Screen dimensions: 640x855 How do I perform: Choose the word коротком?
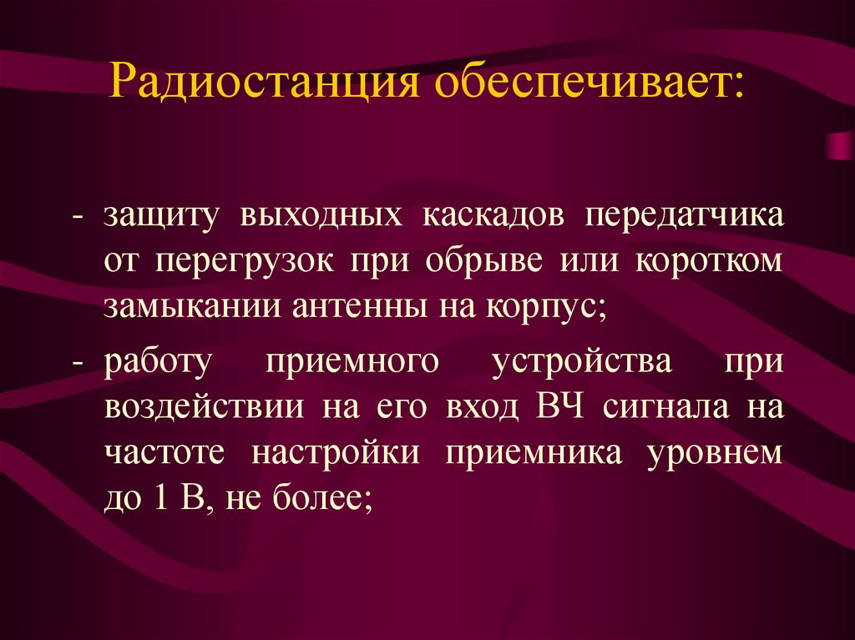(x=711, y=260)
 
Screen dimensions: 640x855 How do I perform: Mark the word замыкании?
(x=191, y=305)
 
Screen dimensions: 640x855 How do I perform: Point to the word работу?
(x=159, y=365)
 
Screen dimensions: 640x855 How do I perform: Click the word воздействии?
(x=203, y=409)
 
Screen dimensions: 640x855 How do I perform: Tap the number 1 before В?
(x=162, y=498)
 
